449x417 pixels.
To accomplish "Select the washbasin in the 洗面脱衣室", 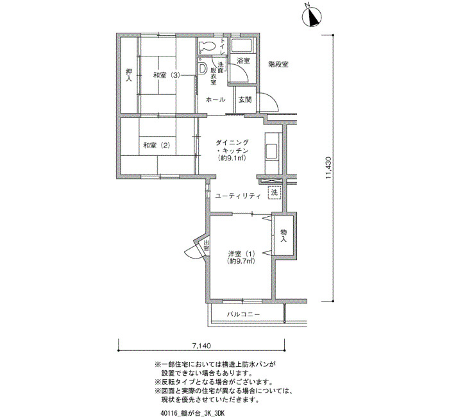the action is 203,68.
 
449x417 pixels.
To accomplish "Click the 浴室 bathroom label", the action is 243,61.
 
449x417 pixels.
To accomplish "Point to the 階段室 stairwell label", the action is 278,64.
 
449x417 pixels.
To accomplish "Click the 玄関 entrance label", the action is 245,99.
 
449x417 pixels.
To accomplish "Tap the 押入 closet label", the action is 129,75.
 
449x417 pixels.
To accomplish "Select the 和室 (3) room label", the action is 166,76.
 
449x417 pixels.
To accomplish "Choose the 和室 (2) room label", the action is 157,146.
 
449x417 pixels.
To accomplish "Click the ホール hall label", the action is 216,99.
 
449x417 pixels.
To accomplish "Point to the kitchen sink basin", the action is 271,151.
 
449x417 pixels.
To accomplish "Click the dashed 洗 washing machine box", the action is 275,192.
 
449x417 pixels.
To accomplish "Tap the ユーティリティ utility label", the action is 238,196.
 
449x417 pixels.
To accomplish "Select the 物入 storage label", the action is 284,235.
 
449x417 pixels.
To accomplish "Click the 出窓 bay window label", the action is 207,246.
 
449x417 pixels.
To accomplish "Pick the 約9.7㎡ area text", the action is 241,261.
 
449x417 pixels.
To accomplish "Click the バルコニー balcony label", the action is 243,314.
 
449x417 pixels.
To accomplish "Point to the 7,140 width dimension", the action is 201,346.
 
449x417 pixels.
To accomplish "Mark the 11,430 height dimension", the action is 328,167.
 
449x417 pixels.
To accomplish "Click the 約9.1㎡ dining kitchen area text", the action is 232,158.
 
